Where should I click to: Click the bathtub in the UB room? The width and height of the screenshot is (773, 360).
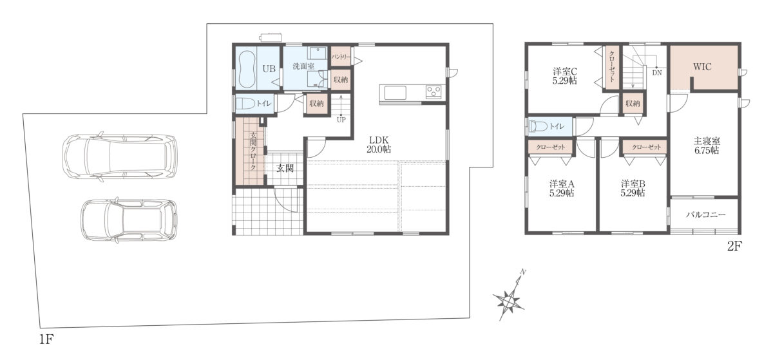[245, 69]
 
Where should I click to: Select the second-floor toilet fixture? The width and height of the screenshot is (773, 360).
[538, 126]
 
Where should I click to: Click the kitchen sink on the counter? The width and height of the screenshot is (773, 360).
[395, 93]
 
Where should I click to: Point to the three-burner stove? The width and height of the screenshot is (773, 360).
[434, 91]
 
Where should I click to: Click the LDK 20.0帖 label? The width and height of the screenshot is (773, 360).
[379, 145]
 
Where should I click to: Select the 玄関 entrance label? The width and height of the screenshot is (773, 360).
[285, 168]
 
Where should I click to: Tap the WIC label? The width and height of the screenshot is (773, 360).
[702, 66]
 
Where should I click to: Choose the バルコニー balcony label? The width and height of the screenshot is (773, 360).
[706, 214]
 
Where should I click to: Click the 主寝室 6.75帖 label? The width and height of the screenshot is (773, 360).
[707, 146]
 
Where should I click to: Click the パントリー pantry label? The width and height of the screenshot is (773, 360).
[341, 57]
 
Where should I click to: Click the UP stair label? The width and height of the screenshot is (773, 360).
[341, 120]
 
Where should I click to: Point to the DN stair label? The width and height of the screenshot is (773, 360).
[656, 73]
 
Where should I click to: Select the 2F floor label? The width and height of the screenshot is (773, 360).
[734, 247]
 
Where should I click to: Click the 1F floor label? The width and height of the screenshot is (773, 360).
[46, 339]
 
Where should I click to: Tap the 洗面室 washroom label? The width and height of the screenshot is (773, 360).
[303, 66]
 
